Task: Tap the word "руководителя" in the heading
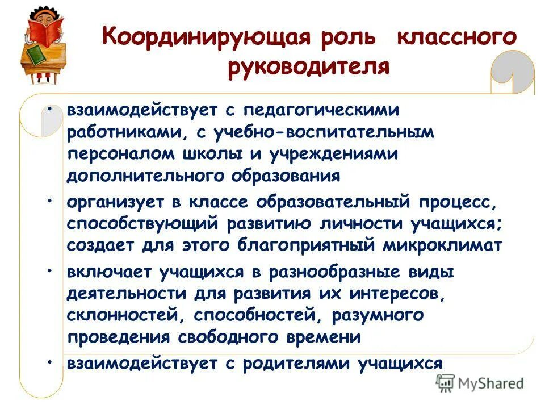coord(309,66)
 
